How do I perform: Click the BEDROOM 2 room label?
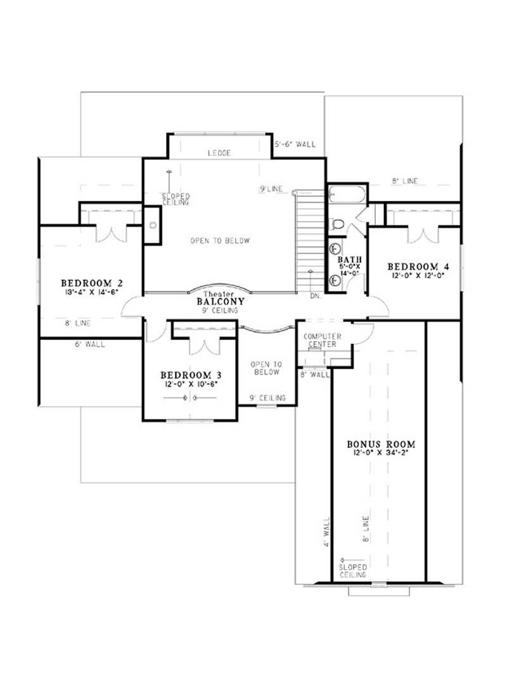pos(91,282)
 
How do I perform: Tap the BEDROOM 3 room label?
pos(190,374)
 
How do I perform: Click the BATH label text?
pos(349,259)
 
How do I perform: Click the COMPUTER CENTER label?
pos(323,340)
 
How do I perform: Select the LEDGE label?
pos(219,153)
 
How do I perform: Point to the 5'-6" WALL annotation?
pos(295,144)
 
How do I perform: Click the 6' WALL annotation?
pos(89,345)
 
